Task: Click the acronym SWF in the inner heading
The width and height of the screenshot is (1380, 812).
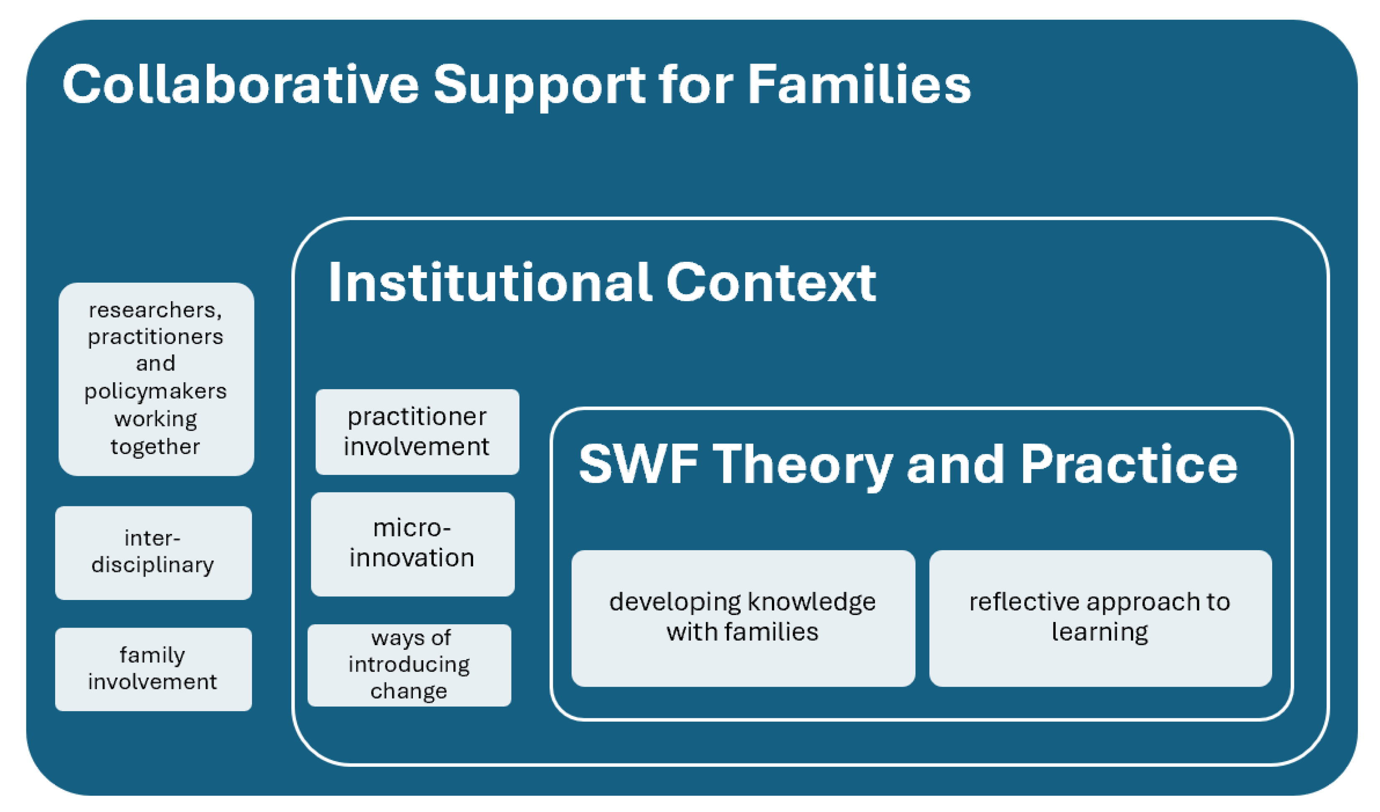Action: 637,464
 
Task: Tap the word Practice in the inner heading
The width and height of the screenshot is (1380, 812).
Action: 1128,464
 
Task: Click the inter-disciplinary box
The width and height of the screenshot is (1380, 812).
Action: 153,553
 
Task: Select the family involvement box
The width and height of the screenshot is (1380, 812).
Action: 153,669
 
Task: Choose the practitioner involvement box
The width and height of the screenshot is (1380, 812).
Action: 417,432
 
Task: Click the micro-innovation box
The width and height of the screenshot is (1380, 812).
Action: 413,544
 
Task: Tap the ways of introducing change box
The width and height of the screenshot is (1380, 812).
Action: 409,665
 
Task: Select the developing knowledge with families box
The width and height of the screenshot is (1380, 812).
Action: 743,618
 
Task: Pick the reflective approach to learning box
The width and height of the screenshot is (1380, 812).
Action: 1100,618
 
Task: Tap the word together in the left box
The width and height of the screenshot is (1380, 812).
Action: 155,447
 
